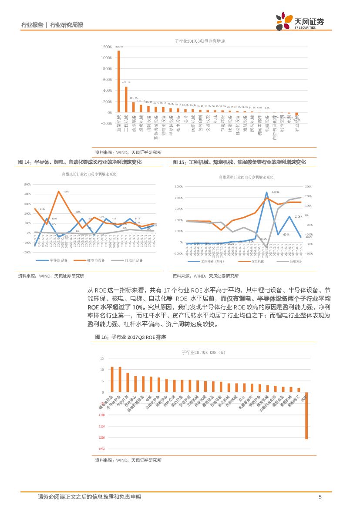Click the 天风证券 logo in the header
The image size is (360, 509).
[300, 21]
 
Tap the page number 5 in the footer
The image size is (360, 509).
[320, 497]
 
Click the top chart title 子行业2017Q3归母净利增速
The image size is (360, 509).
[199, 41]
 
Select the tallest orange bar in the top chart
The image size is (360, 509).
[119, 81]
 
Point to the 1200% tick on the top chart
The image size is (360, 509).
[106, 47]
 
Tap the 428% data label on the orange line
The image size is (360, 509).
[66, 192]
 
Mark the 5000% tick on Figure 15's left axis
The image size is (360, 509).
[178, 186]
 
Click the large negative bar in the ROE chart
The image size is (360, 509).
[306, 415]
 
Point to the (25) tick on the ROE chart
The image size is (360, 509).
[102, 449]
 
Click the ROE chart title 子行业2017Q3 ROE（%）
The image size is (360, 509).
[202, 352]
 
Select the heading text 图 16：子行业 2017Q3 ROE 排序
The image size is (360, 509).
[131, 337]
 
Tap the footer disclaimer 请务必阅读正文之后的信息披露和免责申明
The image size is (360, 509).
[89, 497]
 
